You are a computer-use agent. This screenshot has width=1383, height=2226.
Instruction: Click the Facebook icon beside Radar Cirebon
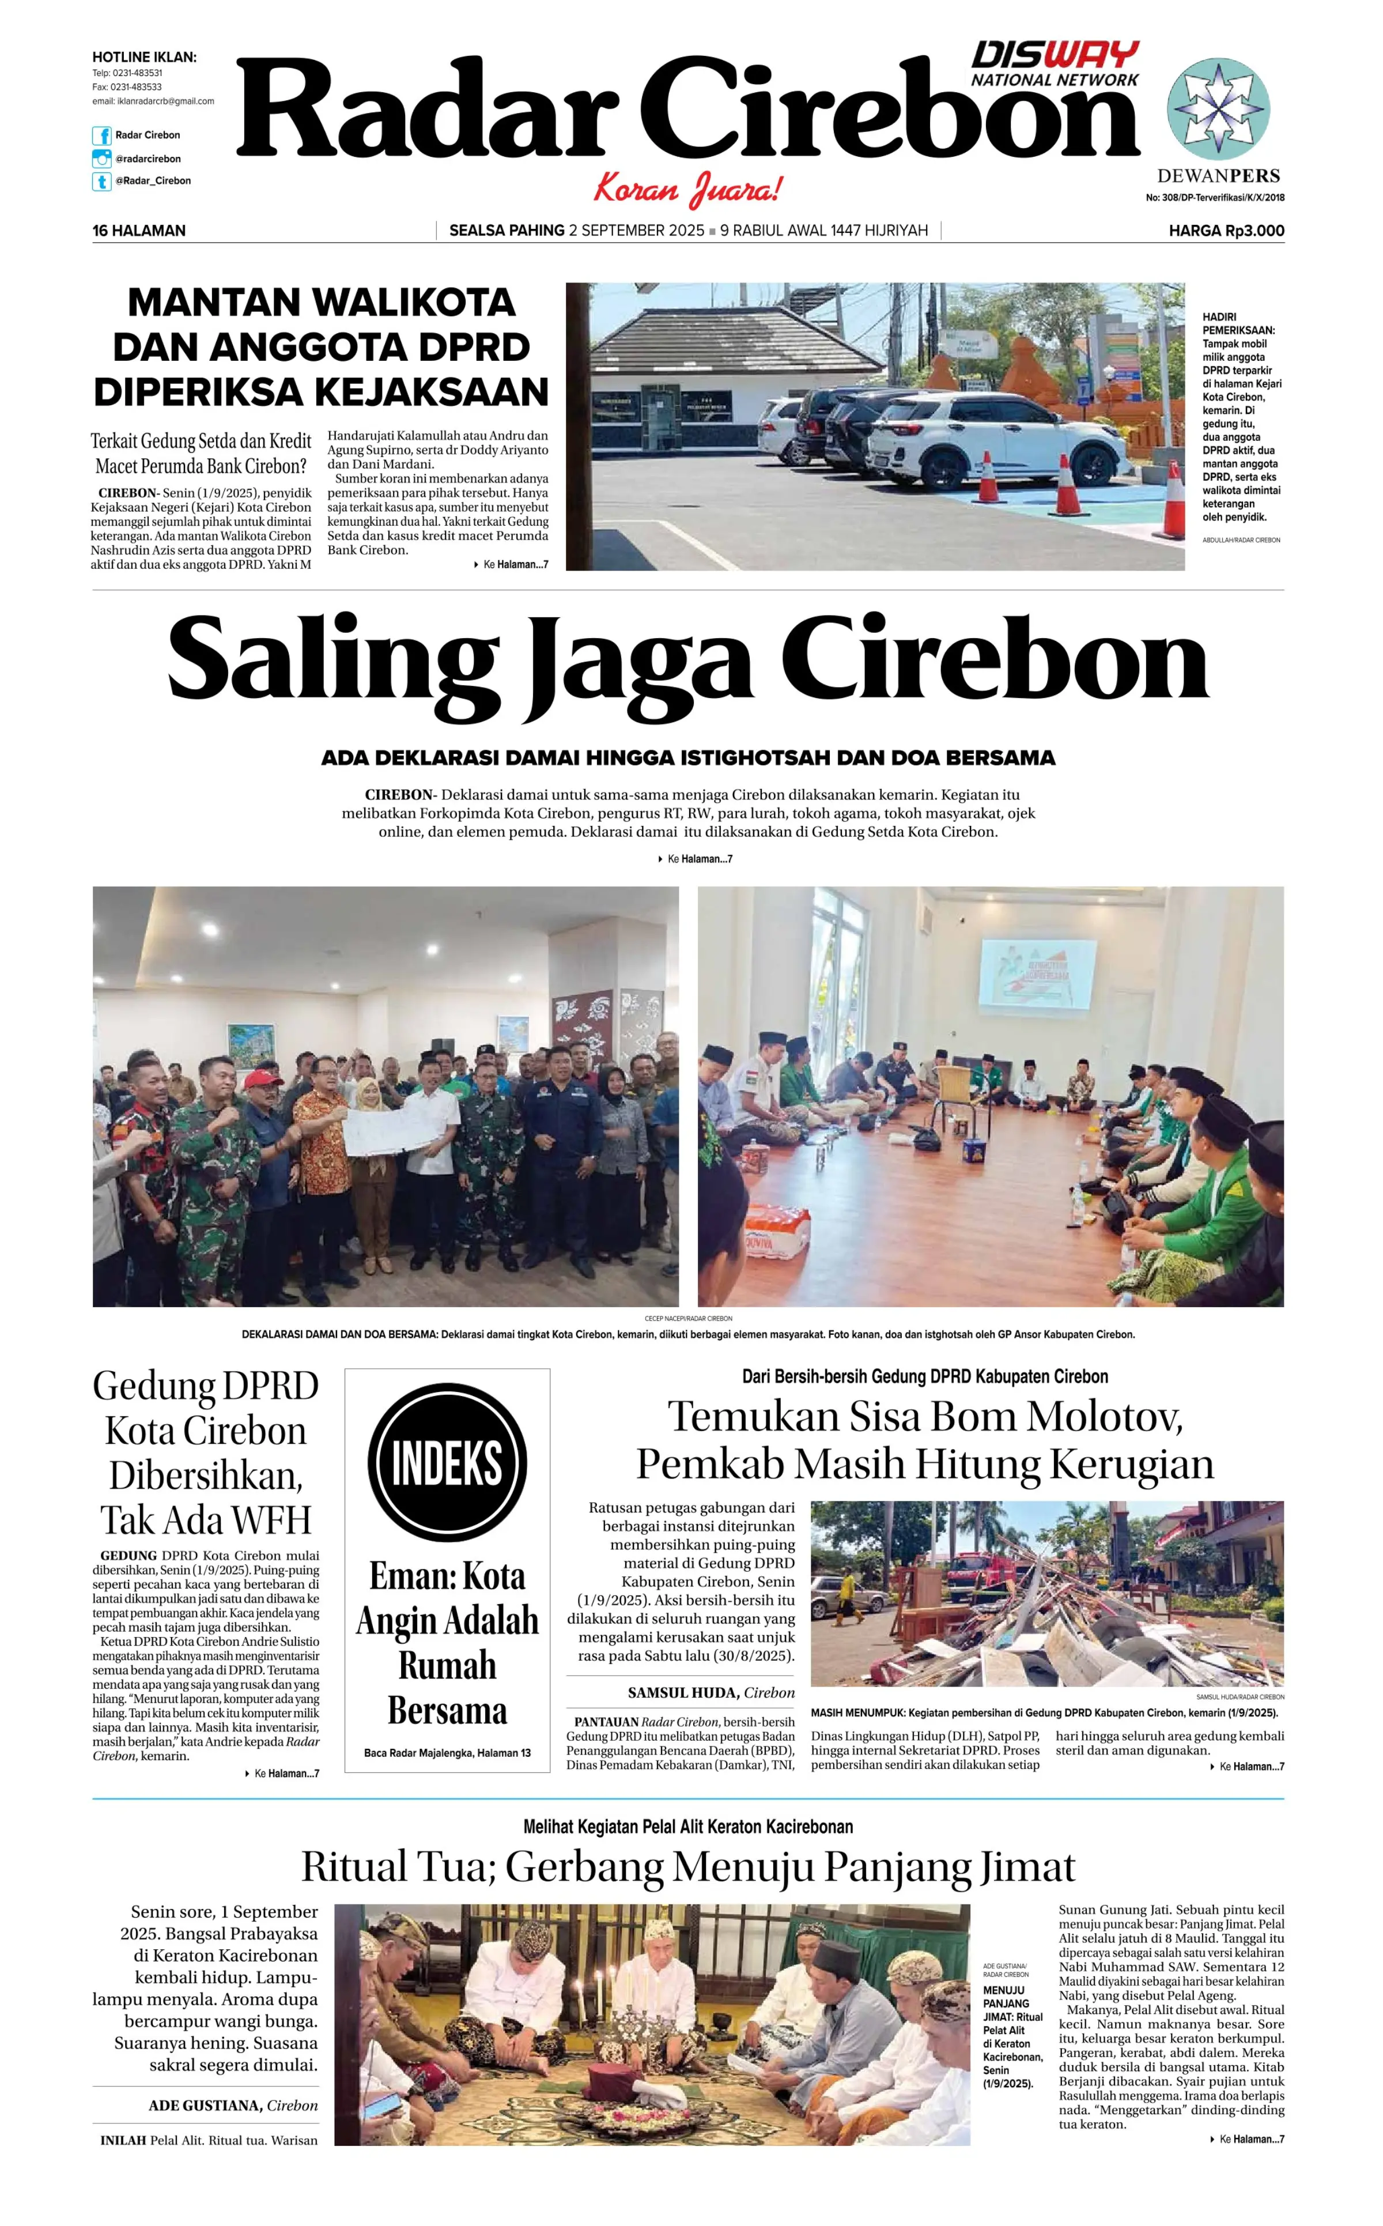pos(101,135)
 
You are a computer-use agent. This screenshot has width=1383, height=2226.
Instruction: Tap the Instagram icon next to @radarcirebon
pos(101,159)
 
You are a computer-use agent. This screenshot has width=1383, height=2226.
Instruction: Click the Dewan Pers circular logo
pos(1218,109)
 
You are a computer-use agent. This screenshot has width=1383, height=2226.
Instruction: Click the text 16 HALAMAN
pos(139,231)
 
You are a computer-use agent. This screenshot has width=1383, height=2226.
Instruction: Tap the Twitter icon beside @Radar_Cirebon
pos(101,181)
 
